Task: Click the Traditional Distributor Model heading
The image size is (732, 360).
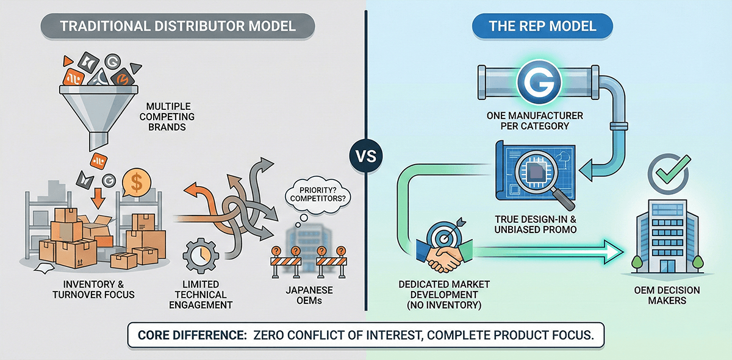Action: pos(178,27)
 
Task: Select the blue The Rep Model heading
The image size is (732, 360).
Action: pos(543,27)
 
